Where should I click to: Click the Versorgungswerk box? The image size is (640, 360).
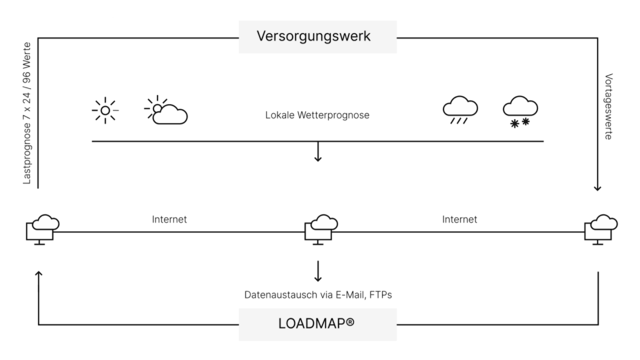[317, 37]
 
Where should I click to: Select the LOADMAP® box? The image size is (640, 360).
[317, 324]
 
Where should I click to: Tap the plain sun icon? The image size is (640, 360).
[105, 110]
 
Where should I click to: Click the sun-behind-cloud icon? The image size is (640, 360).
[166, 110]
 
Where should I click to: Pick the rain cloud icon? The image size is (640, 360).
[460, 110]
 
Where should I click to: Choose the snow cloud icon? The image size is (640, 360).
[520, 111]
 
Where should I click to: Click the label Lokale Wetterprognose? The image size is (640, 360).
[317, 115]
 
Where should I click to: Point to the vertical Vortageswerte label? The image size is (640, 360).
[608, 106]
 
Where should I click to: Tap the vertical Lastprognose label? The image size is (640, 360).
[26, 113]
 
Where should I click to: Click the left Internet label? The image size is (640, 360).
[169, 219]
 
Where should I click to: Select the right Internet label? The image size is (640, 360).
[459, 219]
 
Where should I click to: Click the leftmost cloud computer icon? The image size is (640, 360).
[42, 229]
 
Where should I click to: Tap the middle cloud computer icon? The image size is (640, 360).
[321, 229]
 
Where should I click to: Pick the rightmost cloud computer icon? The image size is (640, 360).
[601, 229]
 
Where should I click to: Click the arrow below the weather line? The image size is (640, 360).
[318, 151]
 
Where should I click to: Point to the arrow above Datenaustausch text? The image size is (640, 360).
[318, 271]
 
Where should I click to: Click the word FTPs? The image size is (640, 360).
[380, 295]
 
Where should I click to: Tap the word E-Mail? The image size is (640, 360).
[350, 295]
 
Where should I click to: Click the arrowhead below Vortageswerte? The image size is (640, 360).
[597, 188]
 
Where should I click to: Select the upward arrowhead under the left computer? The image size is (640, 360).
[38, 273]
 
